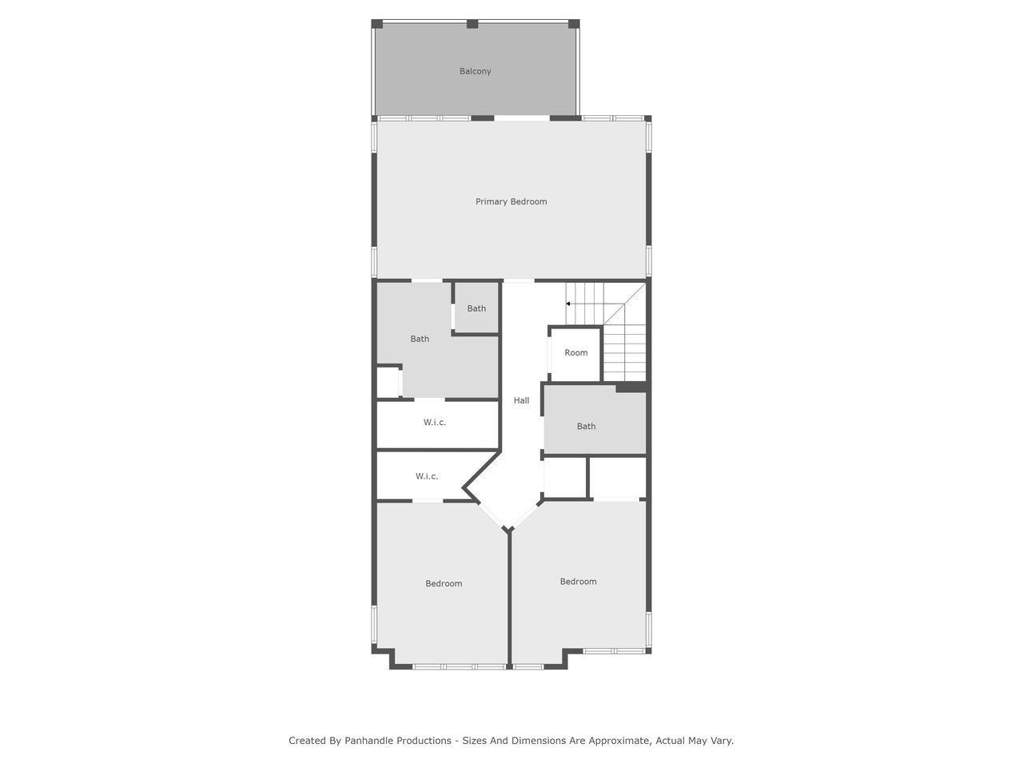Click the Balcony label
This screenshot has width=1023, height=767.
(475, 71)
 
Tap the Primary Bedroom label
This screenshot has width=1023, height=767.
(511, 201)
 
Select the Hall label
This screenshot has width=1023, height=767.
(521, 400)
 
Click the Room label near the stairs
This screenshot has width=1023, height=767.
(576, 352)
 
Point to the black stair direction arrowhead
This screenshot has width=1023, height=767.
(567, 304)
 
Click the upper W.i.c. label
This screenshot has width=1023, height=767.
(434, 423)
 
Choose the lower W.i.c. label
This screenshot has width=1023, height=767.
(427, 476)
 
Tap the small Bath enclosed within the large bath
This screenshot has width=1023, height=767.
(476, 308)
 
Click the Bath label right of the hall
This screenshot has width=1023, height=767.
(586, 426)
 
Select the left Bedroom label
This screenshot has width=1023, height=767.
(444, 583)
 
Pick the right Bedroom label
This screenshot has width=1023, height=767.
(578, 582)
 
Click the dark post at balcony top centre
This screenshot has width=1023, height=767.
(472, 24)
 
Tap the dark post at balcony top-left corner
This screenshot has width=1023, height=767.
(376, 24)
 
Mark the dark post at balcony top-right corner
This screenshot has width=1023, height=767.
(574, 24)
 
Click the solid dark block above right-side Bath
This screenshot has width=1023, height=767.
(631, 387)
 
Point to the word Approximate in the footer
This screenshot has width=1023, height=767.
(619, 741)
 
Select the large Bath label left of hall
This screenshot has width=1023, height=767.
(420, 339)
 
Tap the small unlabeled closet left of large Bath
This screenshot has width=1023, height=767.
(388, 382)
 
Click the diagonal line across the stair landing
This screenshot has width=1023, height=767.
(624, 304)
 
